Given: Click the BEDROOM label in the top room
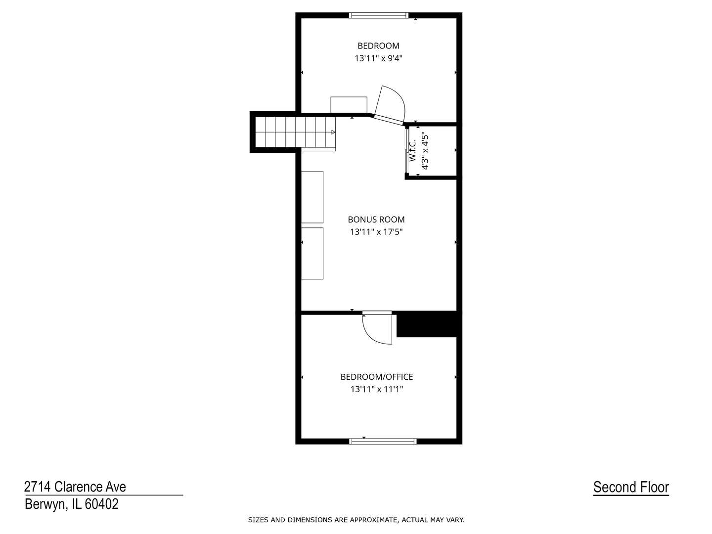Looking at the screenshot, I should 378,46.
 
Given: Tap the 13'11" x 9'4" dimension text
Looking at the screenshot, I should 378,58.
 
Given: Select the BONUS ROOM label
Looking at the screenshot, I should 376,220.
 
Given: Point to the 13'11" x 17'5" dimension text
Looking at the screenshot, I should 376,232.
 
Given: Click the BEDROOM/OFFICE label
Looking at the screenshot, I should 377,377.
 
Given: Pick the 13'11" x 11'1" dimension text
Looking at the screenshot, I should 377,389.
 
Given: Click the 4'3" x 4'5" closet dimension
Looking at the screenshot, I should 424,151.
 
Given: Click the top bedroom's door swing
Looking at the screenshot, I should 391,105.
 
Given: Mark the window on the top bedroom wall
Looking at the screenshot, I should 379,15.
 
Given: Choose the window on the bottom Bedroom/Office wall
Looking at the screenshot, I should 383,441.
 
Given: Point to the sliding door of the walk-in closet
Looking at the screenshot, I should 407,151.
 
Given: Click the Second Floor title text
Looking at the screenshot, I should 631,488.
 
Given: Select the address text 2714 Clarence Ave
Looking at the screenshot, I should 75,487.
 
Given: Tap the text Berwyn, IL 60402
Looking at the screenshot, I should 72,504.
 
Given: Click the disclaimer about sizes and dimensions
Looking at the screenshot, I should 356,520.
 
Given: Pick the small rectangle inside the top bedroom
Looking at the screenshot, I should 349,105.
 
